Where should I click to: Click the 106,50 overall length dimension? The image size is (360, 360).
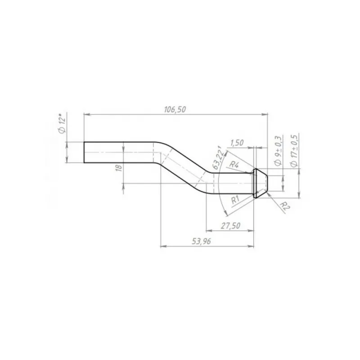pyautogui.click(x=175, y=109)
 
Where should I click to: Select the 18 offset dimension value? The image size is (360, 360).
pyautogui.click(x=119, y=168)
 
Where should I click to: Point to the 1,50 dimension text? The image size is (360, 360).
pyautogui.click(x=237, y=143)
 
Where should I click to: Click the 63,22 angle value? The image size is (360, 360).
pyautogui.click(x=218, y=157)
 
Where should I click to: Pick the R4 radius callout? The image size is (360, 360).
pyautogui.click(x=234, y=165)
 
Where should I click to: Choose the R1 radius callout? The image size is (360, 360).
pyautogui.click(x=235, y=200)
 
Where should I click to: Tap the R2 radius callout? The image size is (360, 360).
pyautogui.click(x=285, y=206)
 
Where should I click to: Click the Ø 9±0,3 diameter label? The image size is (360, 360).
pyautogui.click(x=278, y=150)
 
